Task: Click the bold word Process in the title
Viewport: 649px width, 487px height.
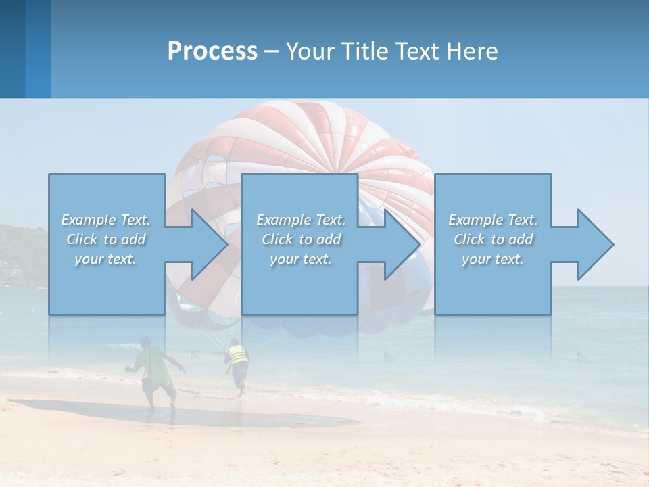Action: tap(212, 51)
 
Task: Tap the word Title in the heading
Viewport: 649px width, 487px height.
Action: tap(364, 51)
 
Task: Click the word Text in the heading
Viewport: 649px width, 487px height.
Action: tap(416, 51)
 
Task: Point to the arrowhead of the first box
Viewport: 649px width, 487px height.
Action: tap(206, 244)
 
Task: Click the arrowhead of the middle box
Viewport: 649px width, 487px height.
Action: tap(400, 244)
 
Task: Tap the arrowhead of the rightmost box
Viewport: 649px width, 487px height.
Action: tap(593, 244)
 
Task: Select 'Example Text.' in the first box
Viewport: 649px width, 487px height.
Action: tap(106, 220)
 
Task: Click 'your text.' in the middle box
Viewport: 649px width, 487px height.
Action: tap(301, 259)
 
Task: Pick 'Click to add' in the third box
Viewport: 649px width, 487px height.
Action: tap(493, 239)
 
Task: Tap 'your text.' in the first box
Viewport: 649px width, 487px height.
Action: tap(106, 259)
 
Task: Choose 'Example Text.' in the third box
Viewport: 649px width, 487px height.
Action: tap(493, 220)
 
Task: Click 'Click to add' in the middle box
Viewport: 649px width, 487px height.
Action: tap(301, 239)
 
